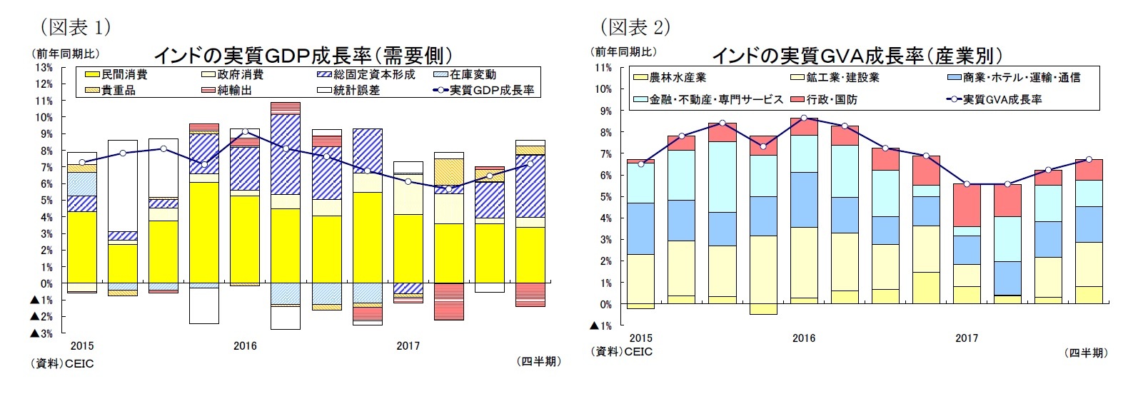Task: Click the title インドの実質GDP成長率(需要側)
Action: [x=303, y=55]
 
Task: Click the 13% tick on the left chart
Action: [x=43, y=68]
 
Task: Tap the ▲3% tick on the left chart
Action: [x=41, y=333]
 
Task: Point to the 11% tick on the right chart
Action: [x=603, y=68]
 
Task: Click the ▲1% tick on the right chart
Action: [x=600, y=326]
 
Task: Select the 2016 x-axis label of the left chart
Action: [x=245, y=346]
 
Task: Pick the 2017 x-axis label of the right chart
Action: [x=967, y=338]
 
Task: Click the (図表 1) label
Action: [x=76, y=27]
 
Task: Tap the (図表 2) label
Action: [x=635, y=27]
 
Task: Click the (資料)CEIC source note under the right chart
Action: [x=621, y=352]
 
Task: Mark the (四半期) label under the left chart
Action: [x=538, y=362]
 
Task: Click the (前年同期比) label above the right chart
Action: [x=624, y=52]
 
